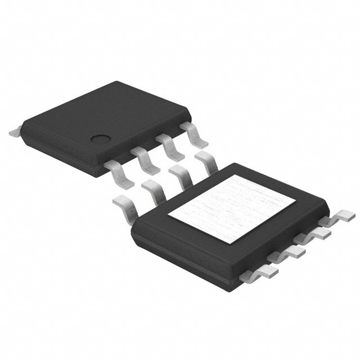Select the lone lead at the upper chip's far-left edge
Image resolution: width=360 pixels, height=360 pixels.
point(15,133)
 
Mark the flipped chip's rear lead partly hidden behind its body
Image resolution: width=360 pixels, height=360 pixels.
point(208,161)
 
